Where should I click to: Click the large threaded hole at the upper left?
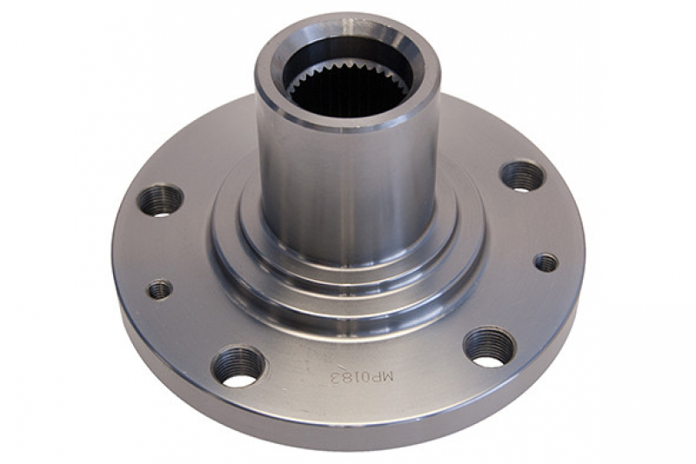pos(160,200)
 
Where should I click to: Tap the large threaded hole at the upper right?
pos(523,177)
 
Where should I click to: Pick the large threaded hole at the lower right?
pos(490,347)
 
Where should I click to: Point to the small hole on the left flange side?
pos(160,290)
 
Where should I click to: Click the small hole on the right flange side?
pos(546,263)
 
